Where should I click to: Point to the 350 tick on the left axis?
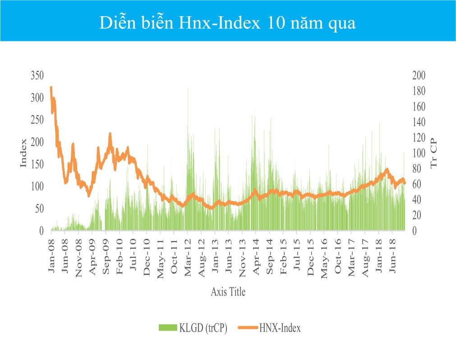tap(37, 75)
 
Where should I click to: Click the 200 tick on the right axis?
tap(419, 75)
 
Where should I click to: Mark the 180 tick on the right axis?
tap(419, 91)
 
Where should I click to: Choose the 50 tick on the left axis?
tap(39, 209)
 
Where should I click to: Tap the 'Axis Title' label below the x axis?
tap(228, 292)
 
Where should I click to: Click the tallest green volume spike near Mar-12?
tap(188, 89)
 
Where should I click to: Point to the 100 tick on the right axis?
tap(419, 153)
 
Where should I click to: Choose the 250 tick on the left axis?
tap(37, 120)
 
